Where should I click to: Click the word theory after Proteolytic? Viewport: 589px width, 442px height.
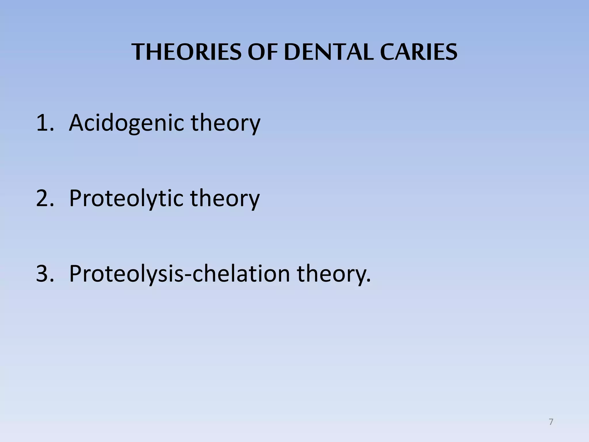225,198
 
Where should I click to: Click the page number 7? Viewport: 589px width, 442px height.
551,422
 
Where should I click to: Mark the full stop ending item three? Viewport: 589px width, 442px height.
369,281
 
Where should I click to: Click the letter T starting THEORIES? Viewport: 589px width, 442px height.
138,52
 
